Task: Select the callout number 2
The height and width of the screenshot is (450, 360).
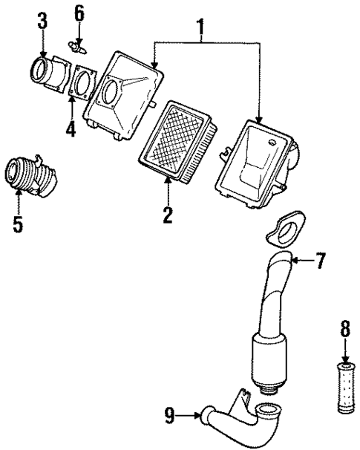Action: tap(168, 215)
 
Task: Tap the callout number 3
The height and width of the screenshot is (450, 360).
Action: tap(43, 20)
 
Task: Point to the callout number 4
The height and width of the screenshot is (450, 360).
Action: tap(70, 129)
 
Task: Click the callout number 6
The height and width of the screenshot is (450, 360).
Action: tap(79, 13)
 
